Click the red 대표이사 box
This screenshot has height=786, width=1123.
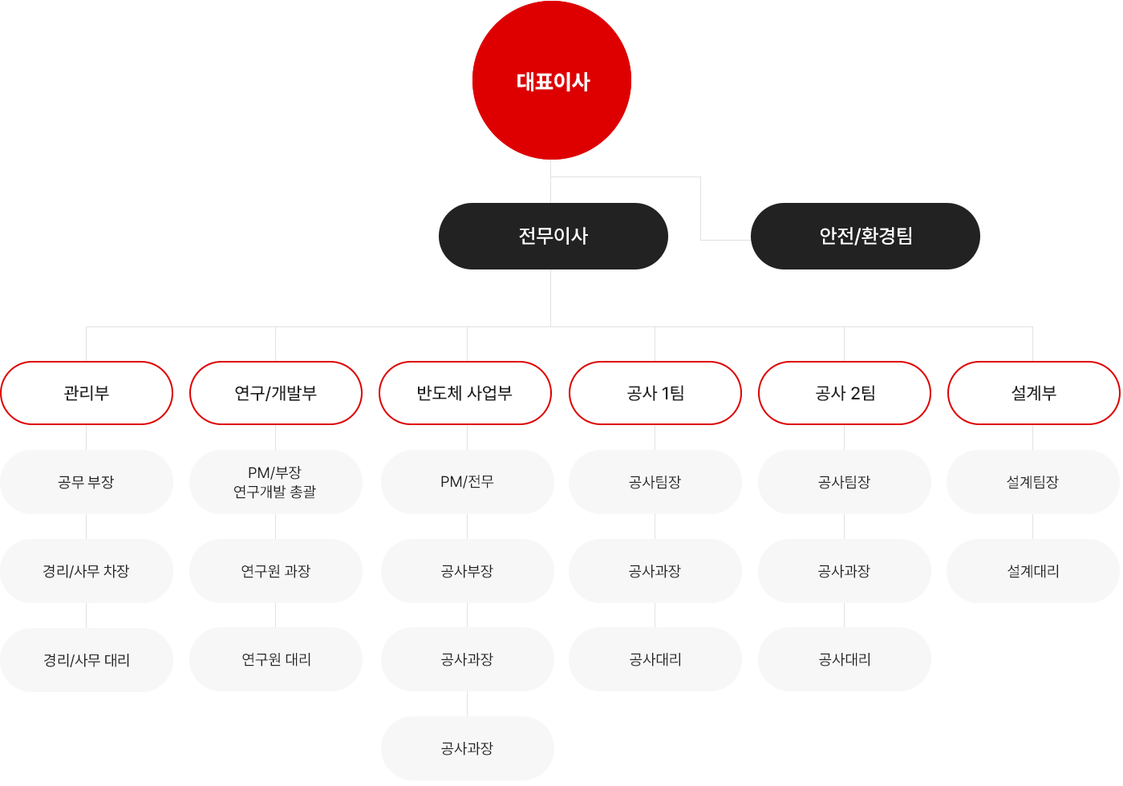pos(552,81)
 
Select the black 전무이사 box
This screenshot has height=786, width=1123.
pos(553,236)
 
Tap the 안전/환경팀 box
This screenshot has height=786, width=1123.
pos(865,236)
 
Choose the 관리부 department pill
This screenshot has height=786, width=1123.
pos(87,393)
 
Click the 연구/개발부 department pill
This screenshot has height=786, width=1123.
pos(276,393)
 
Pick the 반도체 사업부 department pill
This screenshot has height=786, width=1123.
pos(465,393)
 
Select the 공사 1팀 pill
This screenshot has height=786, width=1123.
pos(655,393)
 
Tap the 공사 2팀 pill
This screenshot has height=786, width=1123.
pos(845,393)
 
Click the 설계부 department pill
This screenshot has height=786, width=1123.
pos(1033,393)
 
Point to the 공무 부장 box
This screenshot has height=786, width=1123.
pos(87,482)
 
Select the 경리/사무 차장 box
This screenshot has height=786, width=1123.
pos(87,571)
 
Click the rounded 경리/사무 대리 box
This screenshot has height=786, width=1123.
pos(87,660)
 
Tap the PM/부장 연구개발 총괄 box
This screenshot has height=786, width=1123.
pos(276,482)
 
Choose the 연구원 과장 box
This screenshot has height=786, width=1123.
pos(276,571)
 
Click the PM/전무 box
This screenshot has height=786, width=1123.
pos(467,482)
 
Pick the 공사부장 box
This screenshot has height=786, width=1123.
pos(467,571)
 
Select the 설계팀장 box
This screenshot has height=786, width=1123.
pos(1033,482)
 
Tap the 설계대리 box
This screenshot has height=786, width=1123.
pos(1033,571)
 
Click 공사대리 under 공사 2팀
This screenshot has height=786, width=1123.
pos(845,659)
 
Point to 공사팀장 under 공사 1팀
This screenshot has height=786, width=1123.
pos(655,482)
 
